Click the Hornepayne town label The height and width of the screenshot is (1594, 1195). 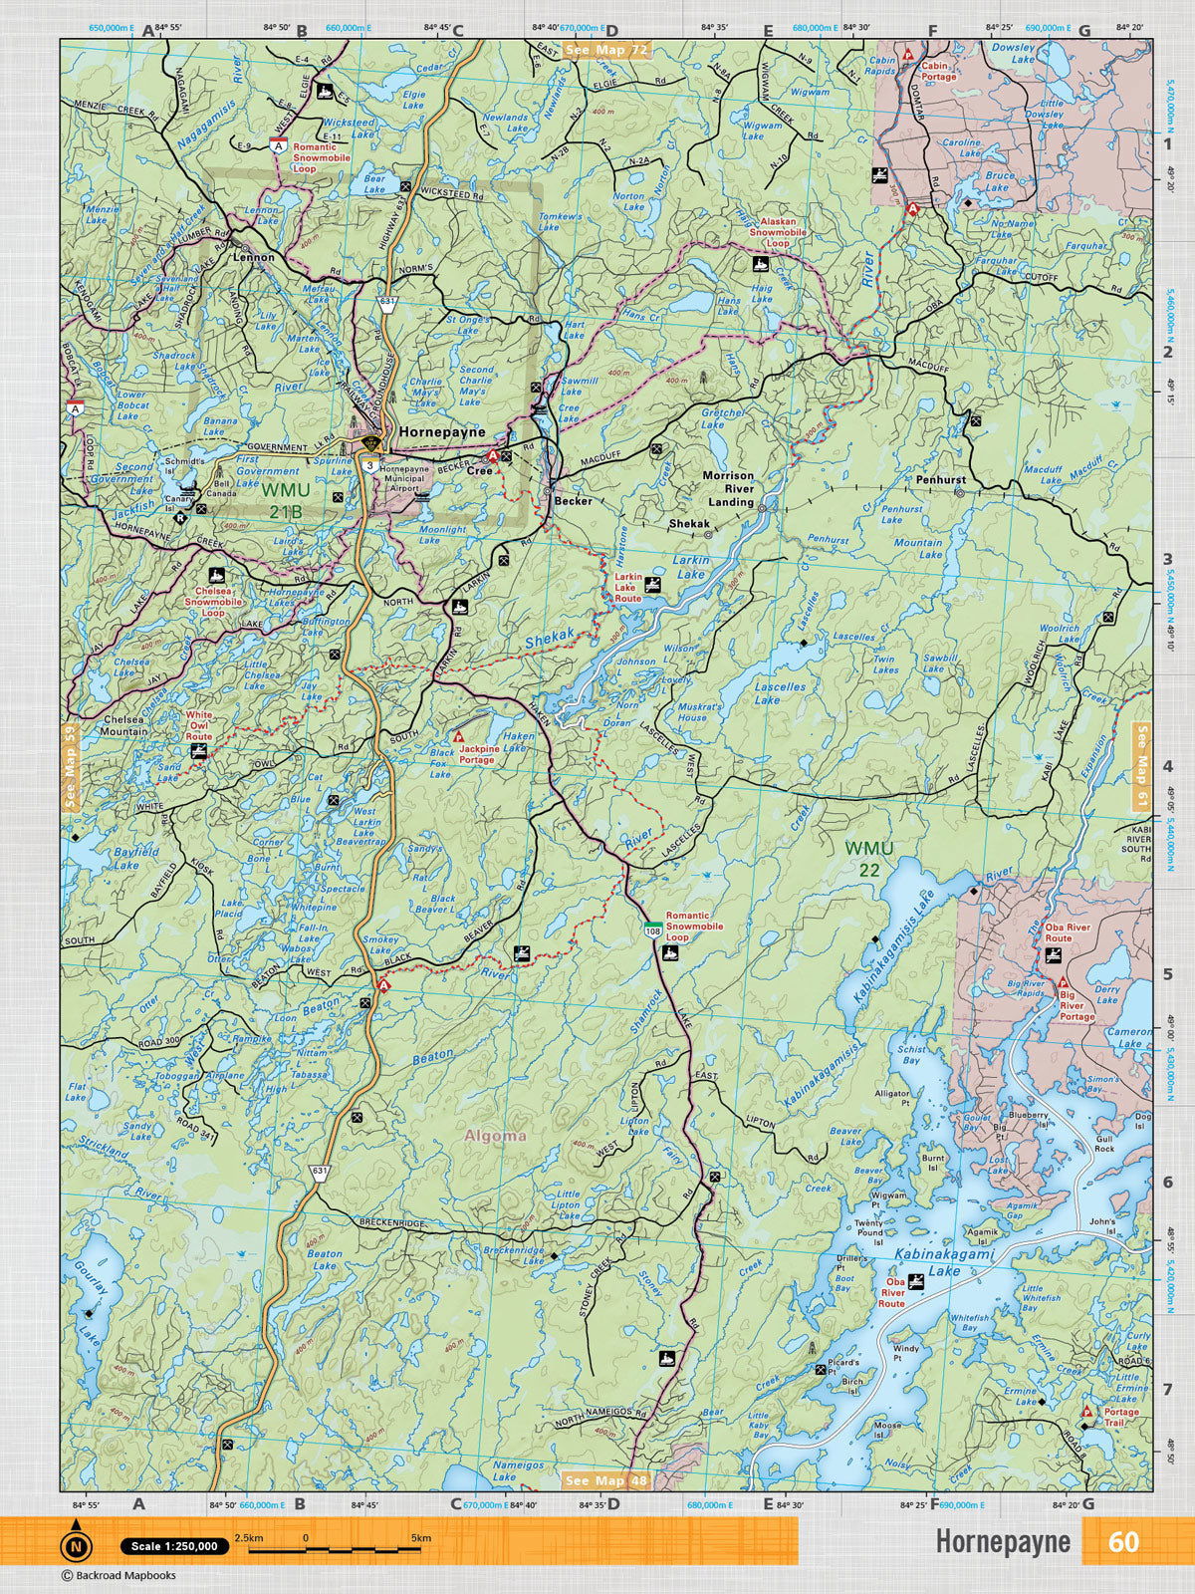pos(441,433)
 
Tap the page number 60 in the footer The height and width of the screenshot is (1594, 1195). pos(1122,1541)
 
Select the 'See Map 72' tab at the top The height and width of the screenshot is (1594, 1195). pos(605,49)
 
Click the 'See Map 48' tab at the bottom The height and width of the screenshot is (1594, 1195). pos(605,1480)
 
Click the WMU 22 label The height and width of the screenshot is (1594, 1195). pos(868,858)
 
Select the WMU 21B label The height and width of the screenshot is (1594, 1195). pos(285,500)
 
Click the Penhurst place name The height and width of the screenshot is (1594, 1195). pos(941,480)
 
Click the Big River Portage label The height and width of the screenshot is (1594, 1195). pos(1077,1011)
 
